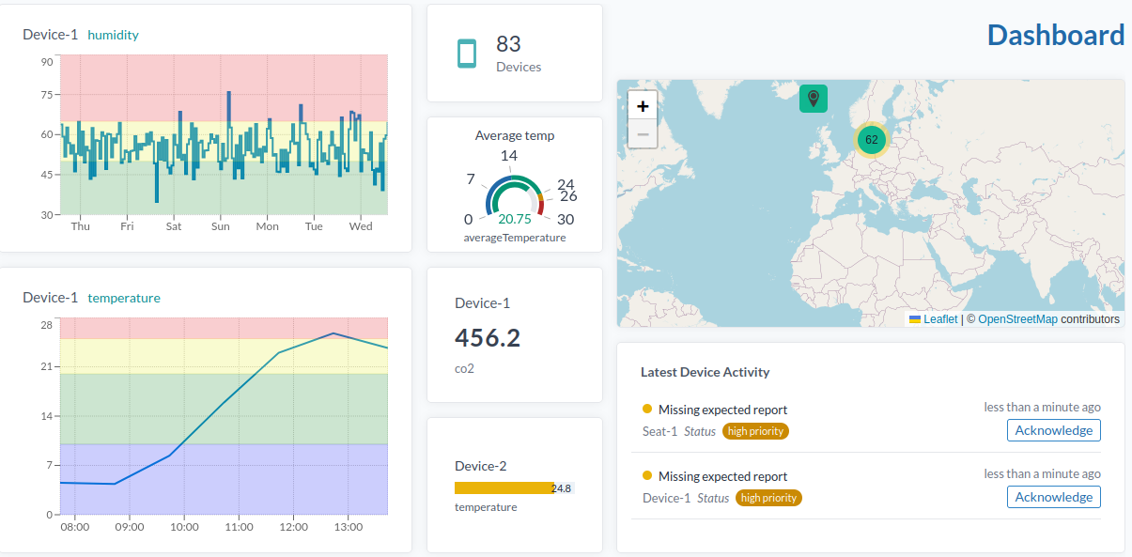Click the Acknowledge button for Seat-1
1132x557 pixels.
pyautogui.click(x=1053, y=430)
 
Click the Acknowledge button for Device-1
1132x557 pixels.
pyautogui.click(x=1053, y=497)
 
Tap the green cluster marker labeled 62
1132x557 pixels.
pyautogui.click(x=871, y=140)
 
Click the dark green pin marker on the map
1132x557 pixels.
pyautogui.click(x=814, y=98)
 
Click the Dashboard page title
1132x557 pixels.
pyautogui.click(x=1055, y=36)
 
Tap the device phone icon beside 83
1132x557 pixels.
pyautogui.click(x=467, y=54)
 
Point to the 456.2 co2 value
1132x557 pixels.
pyautogui.click(x=487, y=338)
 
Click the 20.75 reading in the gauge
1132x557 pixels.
pyautogui.click(x=514, y=219)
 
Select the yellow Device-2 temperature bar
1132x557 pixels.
pyautogui.click(x=504, y=488)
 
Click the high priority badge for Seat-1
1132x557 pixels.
pyautogui.click(x=755, y=431)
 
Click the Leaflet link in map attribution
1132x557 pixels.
pyautogui.click(x=940, y=319)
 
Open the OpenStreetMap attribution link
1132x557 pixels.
pyautogui.click(x=1017, y=319)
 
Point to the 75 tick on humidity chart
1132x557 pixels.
pyautogui.click(x=46, y=95)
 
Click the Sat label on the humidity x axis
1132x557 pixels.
pyautogui.click(x=174, y=226)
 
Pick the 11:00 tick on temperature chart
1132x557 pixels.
pyautogui.click(x=239, y=527)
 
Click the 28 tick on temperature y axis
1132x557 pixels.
pyautogui.click(x=46, y=325)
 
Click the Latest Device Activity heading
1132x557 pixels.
pyautogui.click(x=705, y=372)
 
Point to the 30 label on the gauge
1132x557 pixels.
pyautogui.click(x=566, y=219)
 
